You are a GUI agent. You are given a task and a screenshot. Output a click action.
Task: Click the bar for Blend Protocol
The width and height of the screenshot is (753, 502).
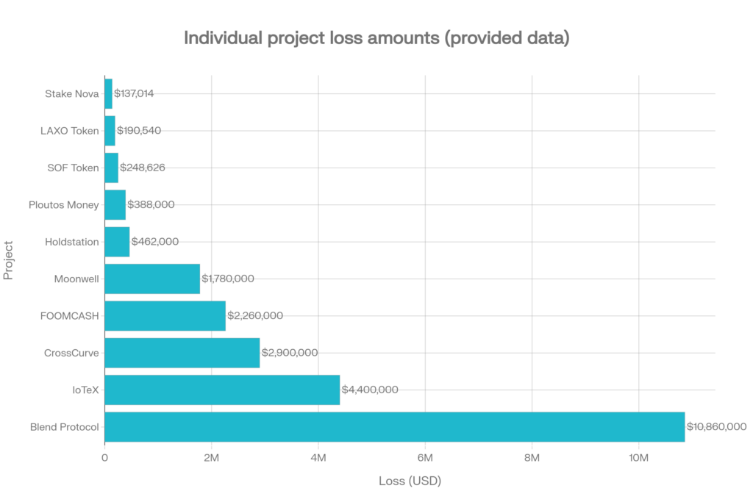395,427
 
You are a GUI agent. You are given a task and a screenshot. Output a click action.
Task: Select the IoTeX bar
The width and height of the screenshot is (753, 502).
223,390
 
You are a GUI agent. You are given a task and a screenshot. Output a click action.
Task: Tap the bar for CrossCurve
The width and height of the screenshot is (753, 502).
182,353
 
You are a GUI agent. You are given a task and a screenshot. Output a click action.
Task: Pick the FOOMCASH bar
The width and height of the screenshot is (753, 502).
165,316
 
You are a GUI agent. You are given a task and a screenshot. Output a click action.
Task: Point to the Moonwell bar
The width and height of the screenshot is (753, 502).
153,279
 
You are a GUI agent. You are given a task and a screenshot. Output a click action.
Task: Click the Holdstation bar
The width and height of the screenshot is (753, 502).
118,242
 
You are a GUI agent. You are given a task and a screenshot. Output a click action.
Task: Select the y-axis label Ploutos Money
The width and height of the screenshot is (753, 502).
63,205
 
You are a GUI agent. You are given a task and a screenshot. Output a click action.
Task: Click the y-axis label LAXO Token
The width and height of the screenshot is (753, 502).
69,131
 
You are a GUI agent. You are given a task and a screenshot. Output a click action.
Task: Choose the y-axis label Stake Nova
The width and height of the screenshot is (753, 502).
71,93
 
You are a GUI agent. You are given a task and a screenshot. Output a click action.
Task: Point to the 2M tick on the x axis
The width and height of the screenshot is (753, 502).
211,457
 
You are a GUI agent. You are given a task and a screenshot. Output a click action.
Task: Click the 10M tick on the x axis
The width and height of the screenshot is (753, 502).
638,457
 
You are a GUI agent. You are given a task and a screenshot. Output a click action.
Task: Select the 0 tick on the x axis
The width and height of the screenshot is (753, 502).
105,457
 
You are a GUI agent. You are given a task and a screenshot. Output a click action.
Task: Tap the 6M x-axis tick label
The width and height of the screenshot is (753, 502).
424,457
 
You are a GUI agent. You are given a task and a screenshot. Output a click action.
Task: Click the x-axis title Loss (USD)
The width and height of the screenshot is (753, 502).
410,481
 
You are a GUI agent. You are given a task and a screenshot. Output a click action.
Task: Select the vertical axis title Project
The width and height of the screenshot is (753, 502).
9,259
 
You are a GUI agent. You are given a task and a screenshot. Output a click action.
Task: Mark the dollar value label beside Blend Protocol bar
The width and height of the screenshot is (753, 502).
716,427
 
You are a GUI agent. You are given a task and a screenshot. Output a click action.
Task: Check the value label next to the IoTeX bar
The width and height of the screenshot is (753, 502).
371,390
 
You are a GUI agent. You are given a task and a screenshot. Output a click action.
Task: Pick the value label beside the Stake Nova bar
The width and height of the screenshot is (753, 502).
134,93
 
